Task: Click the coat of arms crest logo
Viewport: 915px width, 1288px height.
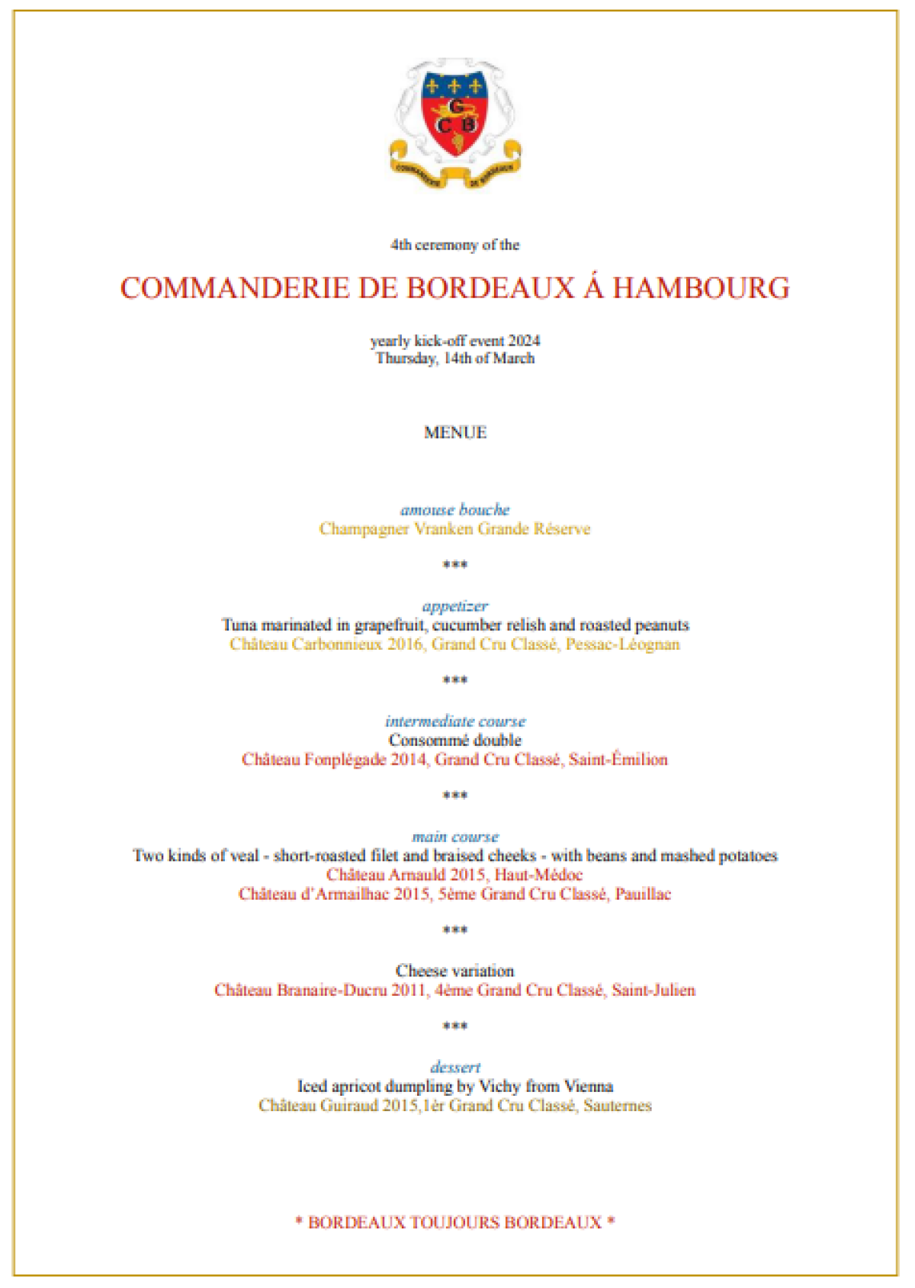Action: (455, 122)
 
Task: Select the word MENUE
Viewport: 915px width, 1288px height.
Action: (455, 432)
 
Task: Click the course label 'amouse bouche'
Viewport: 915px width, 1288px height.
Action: (455, 509)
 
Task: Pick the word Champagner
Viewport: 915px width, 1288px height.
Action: (364, 529)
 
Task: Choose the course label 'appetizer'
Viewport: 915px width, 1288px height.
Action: (455, 606)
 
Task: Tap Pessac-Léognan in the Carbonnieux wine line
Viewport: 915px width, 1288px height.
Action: (622, 644)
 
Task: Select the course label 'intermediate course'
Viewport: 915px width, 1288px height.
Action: (455, 721)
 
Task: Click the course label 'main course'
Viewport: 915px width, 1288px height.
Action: (455, 837)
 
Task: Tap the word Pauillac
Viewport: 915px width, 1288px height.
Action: (643, 894)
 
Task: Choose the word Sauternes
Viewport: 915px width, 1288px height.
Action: (618, 1106)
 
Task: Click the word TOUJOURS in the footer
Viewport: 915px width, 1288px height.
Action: (454, 1222)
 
